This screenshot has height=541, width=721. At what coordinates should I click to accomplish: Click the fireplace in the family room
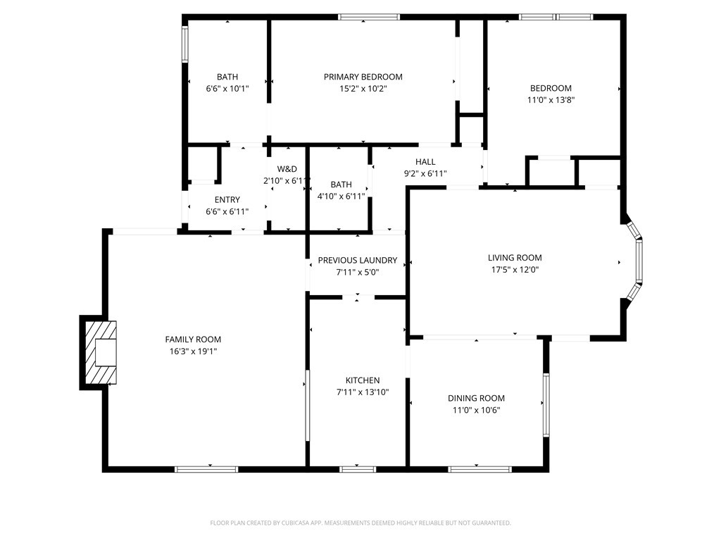pyautogui.click(x=99, y=352)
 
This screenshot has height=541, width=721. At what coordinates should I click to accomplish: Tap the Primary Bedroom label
pyautogui.click(x=363, y=77)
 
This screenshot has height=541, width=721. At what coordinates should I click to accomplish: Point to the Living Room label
pyautogui.click(x=515, y=258)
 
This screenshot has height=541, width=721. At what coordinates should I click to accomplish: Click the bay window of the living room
pyautogui.click(x=637, y=261)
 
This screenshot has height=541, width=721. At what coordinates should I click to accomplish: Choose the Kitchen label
pyautogui.click(x=362, y=380)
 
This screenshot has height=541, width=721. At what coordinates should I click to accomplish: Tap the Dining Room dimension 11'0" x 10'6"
pyautogui.click(x=476, y=410)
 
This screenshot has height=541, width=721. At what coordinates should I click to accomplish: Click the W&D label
pyautogui.click(x=287, y=169)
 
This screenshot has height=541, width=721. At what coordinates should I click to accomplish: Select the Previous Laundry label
pyautogui.click(x=357, y=260)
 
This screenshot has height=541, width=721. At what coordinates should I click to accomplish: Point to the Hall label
pyautogui.click(x=425, y=162)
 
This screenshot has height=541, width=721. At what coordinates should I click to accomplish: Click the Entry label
pyautogui.click(x=227, y=199)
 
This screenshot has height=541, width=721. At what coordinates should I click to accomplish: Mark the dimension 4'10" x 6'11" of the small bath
pyautogui.click(x=341, y=196)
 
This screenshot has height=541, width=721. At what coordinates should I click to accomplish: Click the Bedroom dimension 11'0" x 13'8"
pyautogui.click(x=551, y=100)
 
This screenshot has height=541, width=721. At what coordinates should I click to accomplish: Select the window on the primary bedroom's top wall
pyautogui.click(x=369, y=17)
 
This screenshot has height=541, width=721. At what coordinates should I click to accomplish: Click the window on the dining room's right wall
pyautogui.click(x=546, y=405)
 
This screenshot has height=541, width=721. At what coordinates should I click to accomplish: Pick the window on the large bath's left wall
pyautogui.click(x=185, y=44)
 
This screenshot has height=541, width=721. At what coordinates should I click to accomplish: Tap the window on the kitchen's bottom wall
pyautogui.click(x=358, y=468)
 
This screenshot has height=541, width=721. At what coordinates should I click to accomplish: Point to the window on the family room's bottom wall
pyautogui.click(x=206, y=468)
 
